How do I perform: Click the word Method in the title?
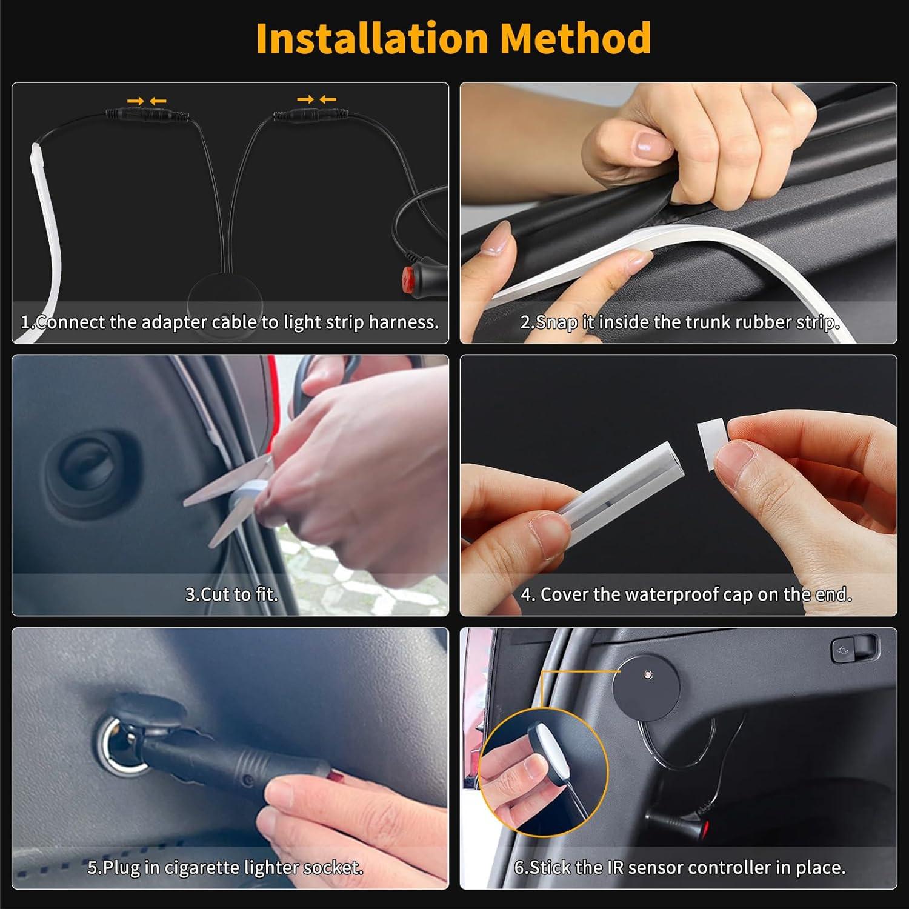coord(575,38)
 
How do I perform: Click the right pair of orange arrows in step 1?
coord(316,99)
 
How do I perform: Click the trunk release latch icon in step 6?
coord(854,649)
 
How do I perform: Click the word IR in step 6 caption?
coord(615,868)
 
